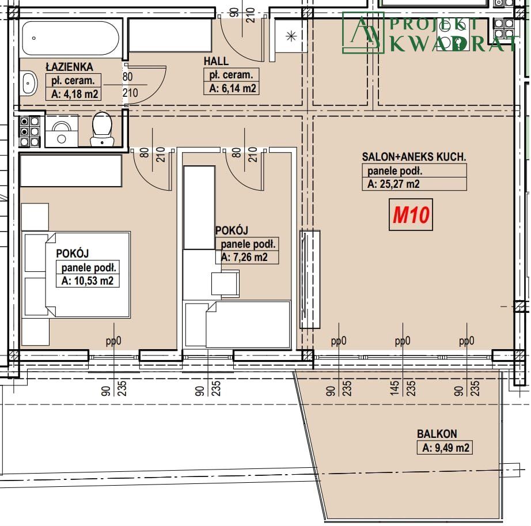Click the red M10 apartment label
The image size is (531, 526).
(411, 215)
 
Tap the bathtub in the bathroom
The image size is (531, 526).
(71, 38)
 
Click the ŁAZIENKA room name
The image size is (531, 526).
(70, 67)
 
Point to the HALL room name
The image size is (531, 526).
(216, 61)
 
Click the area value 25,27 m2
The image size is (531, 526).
(393, 184)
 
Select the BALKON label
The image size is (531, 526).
(437, 434)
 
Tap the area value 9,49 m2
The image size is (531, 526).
(446, 448)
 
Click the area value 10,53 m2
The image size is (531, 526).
(88, 281)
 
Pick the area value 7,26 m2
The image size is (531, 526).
(244, 257)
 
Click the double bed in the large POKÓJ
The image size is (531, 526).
(77, 275)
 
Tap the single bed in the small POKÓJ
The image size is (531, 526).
(237, 324)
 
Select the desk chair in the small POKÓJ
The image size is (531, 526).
(225, 284)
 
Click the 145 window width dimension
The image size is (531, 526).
(394, 388)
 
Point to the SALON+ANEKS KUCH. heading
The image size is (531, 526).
(414, 157)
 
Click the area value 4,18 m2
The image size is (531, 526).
(74, 94)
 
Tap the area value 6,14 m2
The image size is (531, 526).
(233, 88)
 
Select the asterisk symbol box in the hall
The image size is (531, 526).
(291, 36)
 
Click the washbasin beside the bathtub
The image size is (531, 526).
(29, 82)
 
